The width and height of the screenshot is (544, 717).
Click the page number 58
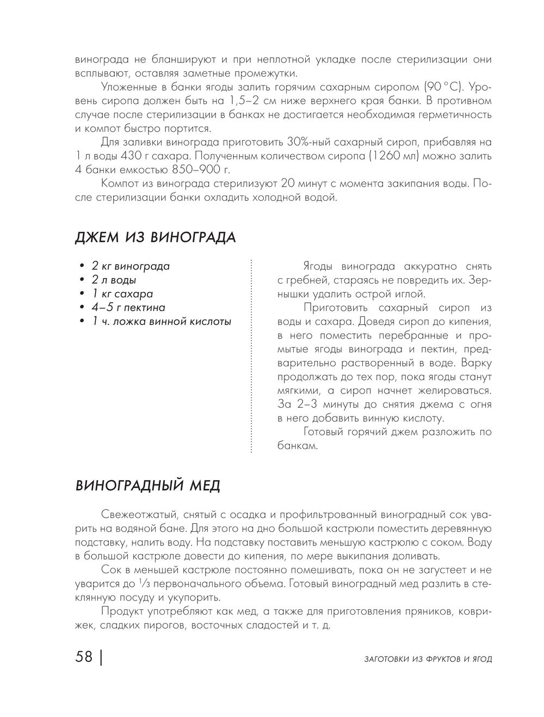click(x=84, y=657)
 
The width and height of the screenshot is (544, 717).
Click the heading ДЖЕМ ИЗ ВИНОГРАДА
click(x=155, y=238)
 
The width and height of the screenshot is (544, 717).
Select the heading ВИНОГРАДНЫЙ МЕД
click(x=147, y=485)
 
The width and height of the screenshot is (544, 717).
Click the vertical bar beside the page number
click(x=102, y=657)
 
